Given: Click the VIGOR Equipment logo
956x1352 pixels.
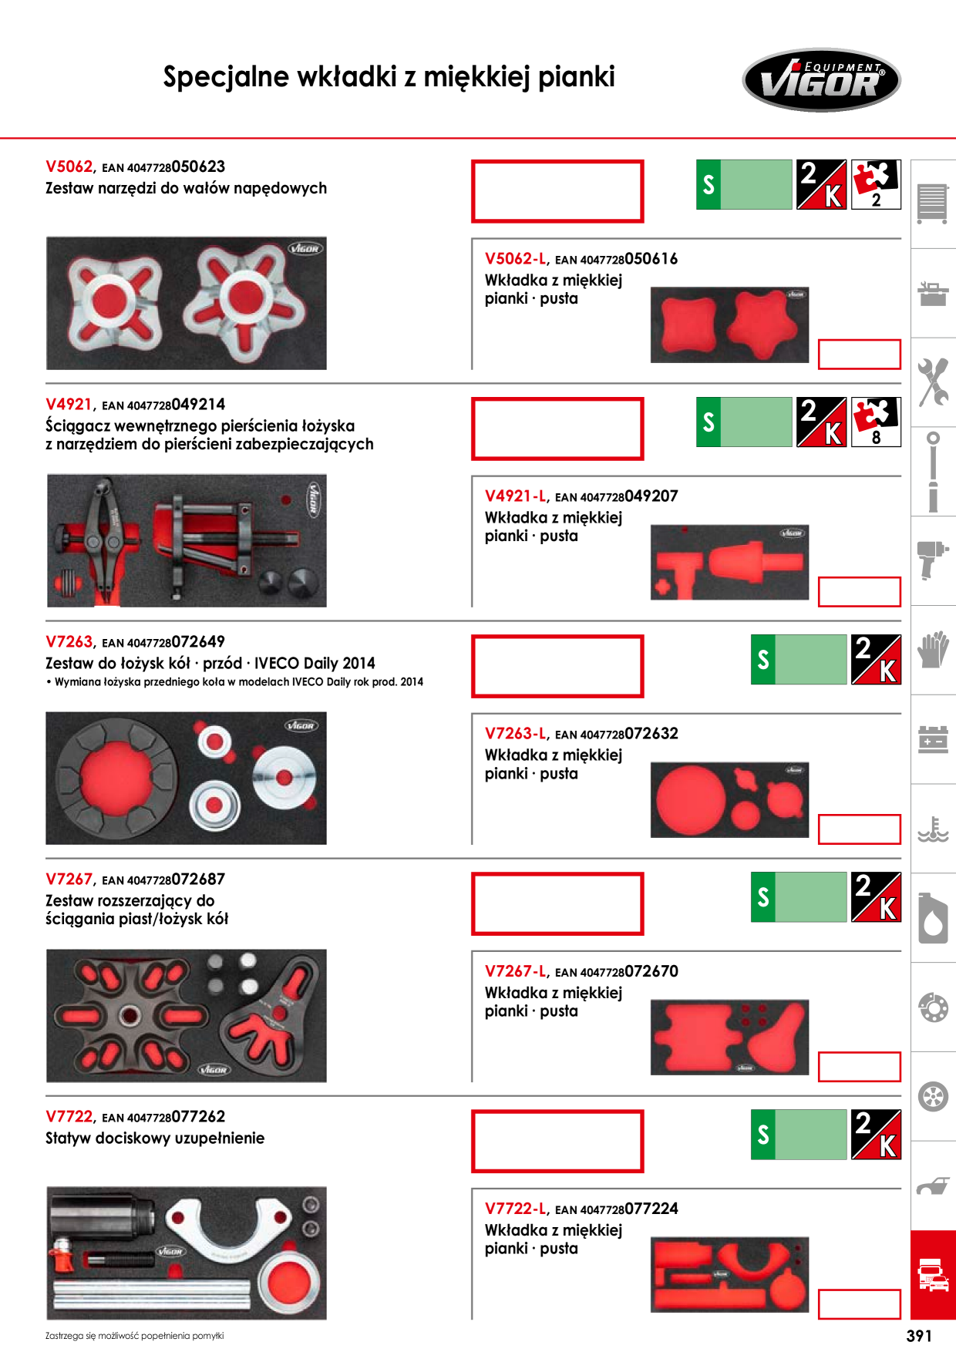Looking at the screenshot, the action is [821, 79].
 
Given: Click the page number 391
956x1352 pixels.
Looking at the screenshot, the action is [919, 1336].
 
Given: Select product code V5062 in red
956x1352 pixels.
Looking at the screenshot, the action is [69, 166].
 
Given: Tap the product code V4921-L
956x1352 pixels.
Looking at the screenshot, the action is [516, 496].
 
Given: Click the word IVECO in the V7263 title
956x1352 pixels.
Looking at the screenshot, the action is [278, 663].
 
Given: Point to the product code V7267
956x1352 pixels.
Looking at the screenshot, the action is [69, 879].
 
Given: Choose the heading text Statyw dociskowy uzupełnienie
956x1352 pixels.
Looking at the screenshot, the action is [155, 1138].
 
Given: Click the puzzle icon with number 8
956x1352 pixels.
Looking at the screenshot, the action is [876, 422].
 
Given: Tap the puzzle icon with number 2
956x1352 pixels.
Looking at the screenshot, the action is [876, 184].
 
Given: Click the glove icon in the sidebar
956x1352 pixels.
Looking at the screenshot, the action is [933, 649].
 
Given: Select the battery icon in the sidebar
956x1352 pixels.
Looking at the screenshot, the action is [933, 739].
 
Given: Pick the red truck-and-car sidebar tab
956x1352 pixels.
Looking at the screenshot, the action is [933, 1275].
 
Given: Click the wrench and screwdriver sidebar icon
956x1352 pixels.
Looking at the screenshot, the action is [933, 382].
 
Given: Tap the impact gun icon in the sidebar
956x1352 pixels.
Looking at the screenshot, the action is [933, 560].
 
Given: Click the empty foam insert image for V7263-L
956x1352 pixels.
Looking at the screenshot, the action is [729, 800].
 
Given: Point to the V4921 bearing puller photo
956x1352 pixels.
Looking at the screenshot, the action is [187, 540].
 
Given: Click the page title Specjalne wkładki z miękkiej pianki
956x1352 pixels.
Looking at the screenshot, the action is [389, 77].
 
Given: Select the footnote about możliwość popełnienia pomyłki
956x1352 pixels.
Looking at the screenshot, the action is [134, 1336].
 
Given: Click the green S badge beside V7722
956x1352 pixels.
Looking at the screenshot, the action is [763, 1134].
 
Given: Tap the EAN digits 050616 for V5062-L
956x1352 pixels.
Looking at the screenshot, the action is [651, 259].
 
